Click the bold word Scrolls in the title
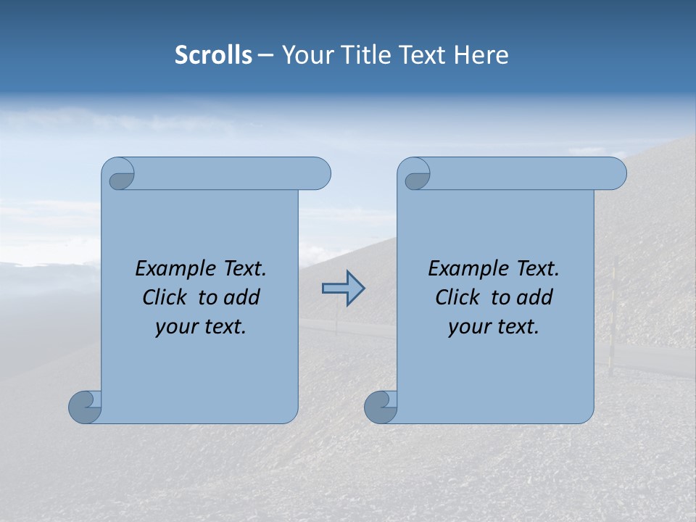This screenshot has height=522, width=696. (213, 55)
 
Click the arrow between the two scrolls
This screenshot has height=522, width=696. (343, 289)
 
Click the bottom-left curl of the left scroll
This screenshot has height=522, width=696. (84, 407)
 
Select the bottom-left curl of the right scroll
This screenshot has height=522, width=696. (380, 407)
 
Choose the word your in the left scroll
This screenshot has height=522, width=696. (175, 326)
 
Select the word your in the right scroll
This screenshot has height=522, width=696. (468, 326)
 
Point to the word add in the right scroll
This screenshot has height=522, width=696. (536, 297)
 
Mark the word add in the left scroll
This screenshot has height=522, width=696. (243, 297)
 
